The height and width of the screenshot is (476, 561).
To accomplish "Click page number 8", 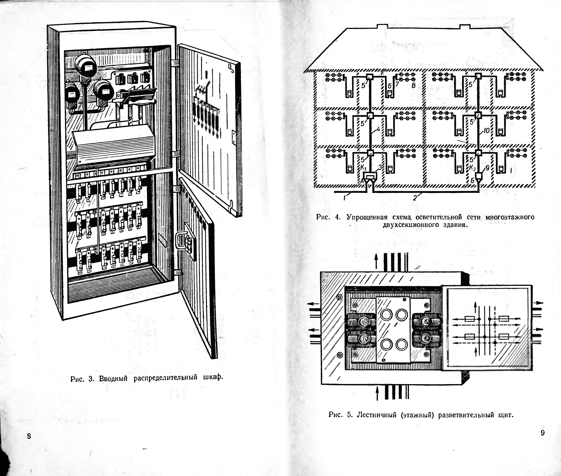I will [x=29, y=436].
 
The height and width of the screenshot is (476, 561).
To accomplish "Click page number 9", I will [x=543, y=433].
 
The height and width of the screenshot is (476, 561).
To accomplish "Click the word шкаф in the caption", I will [x=213, y=377].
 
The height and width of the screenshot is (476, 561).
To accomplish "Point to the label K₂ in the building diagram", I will [x=472, y=168].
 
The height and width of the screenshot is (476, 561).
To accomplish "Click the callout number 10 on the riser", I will [x=486, y=131].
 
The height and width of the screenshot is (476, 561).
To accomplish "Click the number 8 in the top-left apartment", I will [x=413, y=86].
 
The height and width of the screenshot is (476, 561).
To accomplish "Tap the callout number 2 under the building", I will [x=415, y=198].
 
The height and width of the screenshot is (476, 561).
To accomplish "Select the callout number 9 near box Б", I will [x=487, y=168].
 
